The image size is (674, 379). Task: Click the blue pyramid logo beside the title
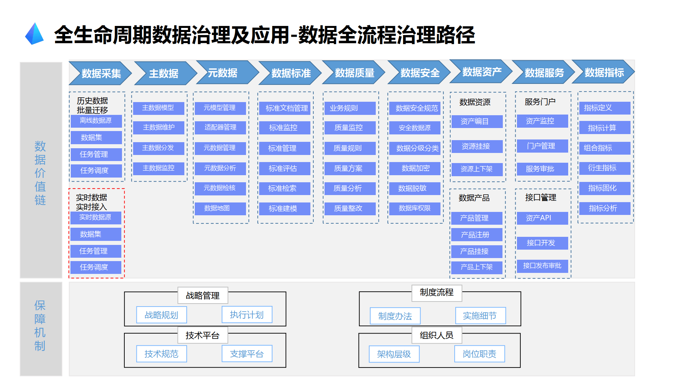click(34, 34)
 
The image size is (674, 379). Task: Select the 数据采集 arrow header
click(100, 73)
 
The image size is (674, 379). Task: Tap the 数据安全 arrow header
click(419, 72)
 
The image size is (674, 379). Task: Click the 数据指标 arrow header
click(604, 72)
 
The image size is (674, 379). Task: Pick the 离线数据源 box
click(96, 121)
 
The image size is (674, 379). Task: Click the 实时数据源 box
click(96, 217)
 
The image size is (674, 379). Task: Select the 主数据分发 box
click(158, 148)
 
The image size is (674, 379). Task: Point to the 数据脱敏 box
click(415, 188)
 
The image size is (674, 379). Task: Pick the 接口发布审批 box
click(542, 266)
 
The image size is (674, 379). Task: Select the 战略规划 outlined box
click(161, 315)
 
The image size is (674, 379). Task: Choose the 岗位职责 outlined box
click(479, 354)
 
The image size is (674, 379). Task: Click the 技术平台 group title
click(203, 335)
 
